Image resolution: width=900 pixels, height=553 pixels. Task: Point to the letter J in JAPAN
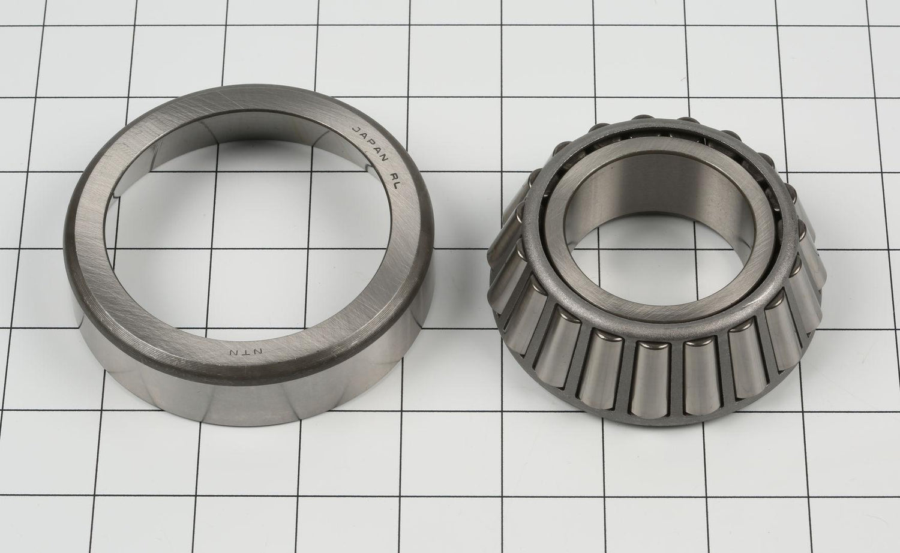[x=355, y=128]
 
